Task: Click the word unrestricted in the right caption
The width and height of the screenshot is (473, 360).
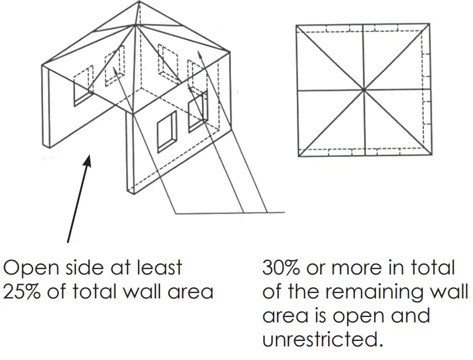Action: point(319,340)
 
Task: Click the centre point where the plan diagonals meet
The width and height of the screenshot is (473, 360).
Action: point(363,89)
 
